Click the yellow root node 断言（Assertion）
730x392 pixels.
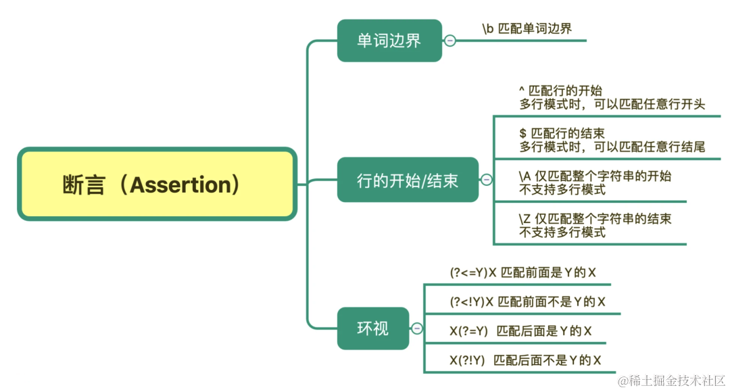[157, 185]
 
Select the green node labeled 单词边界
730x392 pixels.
[389, 41]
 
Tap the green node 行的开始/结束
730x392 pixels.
[408, 180]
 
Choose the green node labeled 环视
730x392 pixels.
[373, 328]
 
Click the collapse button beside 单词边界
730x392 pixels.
[450, 41]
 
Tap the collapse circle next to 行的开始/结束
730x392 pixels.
[486, 180]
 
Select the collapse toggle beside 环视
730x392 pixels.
[417, 328]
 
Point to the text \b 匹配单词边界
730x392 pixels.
[527, 28]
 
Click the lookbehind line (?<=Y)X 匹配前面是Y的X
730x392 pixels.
[523, 273]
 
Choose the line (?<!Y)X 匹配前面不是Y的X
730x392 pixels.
[527, 302]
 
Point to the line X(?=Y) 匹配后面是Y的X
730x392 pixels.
[520, 331]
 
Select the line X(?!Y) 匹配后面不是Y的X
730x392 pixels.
[525, 360]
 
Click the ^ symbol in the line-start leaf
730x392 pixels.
[521, 90]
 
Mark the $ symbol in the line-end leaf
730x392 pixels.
[522, 133]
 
